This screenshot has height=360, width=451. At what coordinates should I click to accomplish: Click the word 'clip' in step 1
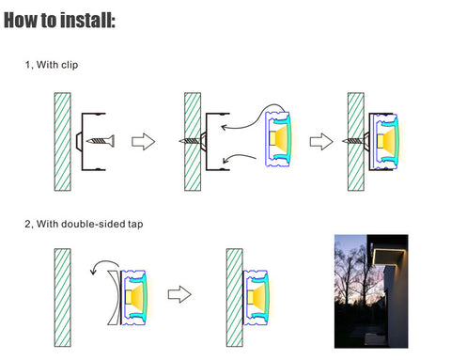pos(70,65)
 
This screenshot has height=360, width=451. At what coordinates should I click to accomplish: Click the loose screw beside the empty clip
pos(101,141)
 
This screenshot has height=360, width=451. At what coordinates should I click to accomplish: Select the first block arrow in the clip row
pos(143,141)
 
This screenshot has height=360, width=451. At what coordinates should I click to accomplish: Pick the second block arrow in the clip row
pos(321,142)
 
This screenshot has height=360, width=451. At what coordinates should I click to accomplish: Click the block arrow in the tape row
pos(179,294)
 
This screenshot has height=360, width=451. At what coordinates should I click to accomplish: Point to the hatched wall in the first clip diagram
pos(62,142)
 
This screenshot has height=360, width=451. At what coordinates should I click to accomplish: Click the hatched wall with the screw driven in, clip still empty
pos(193,142)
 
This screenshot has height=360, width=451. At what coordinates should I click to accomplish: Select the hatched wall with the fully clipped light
pos(356,142)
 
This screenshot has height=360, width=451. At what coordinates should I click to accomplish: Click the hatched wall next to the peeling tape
pos(62,297)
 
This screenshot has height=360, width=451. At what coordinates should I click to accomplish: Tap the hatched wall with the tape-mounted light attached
pos(235,297)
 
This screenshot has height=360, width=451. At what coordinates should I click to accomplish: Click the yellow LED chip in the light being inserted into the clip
pos(272,138)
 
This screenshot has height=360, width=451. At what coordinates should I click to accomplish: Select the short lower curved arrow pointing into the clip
pos(239,158)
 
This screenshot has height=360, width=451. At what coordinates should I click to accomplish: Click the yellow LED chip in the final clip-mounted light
pos(381,141)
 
